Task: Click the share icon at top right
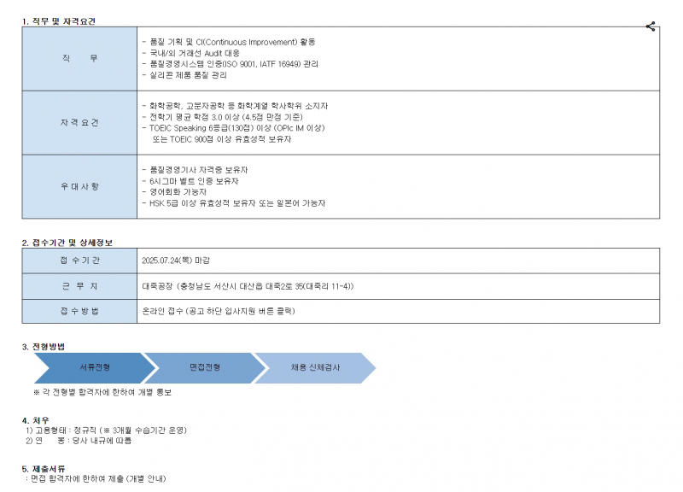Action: click(651, 26)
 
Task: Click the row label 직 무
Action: click(79, 58)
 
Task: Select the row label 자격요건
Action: click(79, 122)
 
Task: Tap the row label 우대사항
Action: click(79, 186)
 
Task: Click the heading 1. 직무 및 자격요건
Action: click(59, 21)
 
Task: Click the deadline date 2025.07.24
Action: click(161, 261)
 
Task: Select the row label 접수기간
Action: click(79, 261)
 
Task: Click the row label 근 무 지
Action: click(79, 286)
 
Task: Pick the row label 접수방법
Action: click(79, 311)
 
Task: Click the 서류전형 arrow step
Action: click(95, 368)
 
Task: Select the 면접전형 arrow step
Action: click(205, 368)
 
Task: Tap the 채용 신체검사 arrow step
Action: click(315, 368)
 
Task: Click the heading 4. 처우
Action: click(36, 420)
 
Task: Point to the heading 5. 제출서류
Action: click(44, 469)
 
